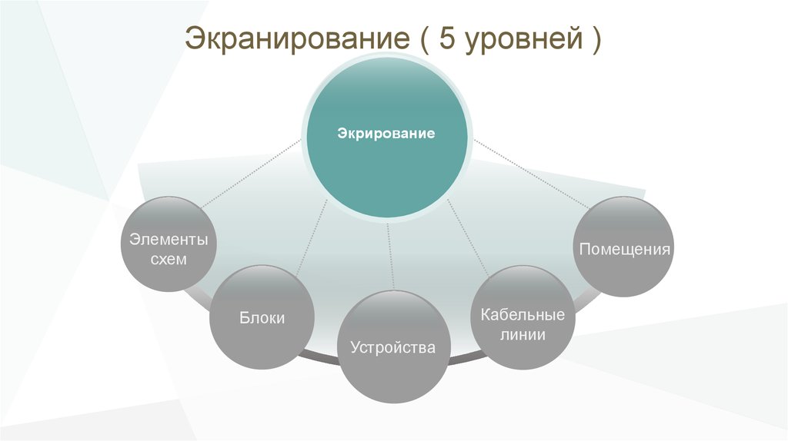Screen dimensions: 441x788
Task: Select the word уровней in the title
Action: pos(520,40)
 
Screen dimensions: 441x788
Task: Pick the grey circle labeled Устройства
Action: pos(392,347)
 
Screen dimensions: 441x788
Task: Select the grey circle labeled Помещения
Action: pos(623,247)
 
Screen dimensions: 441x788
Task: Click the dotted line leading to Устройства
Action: pos(391,257)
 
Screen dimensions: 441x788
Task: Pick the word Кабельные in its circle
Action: pos(523,315)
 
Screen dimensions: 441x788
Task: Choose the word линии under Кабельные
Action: pos(523,335)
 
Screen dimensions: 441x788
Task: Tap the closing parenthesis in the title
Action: pos(596,40)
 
